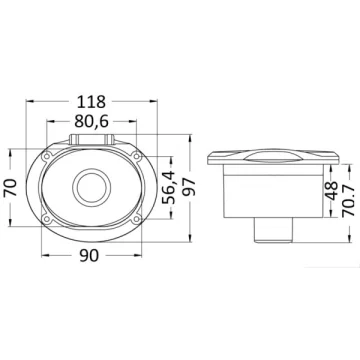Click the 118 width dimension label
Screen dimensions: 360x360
pos(91,102)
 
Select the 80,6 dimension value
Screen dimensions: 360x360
pos(92,122)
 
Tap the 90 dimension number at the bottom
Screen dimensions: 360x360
pos(89,256)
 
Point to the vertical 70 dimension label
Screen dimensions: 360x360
pos(10,188)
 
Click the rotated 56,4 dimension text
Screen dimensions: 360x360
pos(168,188)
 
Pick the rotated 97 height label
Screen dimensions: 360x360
pos(189,187)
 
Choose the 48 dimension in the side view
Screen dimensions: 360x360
pos(331,191)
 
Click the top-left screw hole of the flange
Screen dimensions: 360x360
pos(47,156)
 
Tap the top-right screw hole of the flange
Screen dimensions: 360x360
pos(136,156)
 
